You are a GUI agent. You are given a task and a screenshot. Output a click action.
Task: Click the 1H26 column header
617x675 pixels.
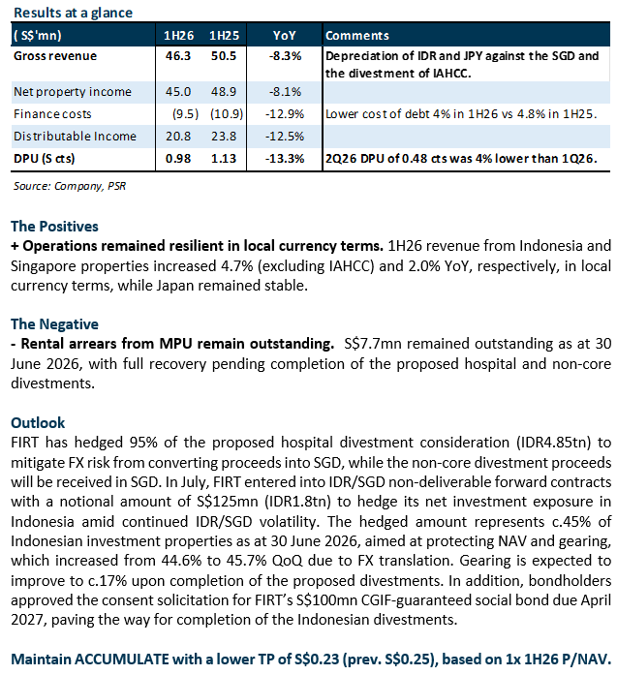(178, 35)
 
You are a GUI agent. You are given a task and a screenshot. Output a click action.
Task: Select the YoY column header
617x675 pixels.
(284, 35)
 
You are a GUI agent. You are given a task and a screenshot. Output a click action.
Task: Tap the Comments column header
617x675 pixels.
(357, 35)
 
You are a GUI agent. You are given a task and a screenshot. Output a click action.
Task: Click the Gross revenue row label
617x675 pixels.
(55, 56)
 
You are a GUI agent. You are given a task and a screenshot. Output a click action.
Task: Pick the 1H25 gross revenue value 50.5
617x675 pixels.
(224, 56)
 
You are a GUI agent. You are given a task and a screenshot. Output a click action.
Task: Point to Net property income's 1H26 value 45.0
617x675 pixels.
(178, 92)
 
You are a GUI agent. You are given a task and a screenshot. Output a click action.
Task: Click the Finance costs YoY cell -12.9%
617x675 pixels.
(284, 114)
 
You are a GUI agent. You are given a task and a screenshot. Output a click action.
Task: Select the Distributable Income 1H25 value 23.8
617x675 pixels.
(224, 137)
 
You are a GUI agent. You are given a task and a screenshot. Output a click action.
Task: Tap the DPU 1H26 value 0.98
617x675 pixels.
(178, 159)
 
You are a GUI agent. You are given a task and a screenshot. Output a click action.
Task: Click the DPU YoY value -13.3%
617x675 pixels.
(284, 159)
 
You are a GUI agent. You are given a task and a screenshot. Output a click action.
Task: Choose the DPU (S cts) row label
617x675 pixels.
(44, 159)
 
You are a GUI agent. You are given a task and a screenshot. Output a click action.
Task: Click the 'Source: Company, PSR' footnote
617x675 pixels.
(70, 186)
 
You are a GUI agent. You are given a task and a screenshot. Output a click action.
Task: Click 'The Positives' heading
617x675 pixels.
(54, 227)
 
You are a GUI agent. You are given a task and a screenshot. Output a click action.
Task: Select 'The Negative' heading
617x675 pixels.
(54, 324)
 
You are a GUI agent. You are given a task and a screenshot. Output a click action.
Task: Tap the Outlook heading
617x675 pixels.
(38, 423)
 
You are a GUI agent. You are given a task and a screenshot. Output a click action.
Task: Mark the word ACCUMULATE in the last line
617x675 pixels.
(122, 660)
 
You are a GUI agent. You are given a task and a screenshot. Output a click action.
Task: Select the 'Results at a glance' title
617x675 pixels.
(74, 13)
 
